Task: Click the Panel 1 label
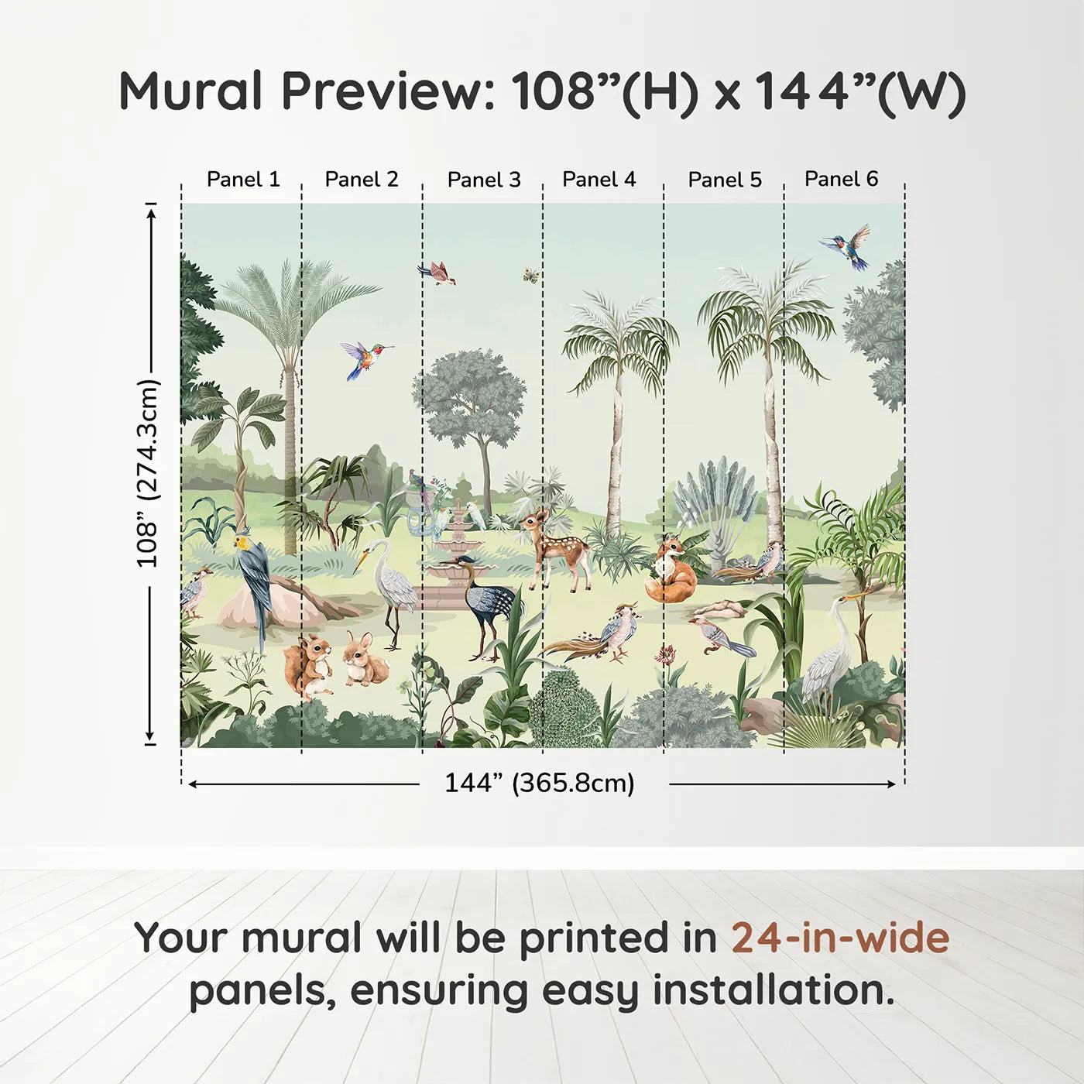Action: click(242, 180)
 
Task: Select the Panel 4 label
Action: click(599, 180)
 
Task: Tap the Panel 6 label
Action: click(841, 179)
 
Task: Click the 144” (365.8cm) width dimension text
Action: click(539, 783)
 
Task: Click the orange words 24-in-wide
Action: click(840, 938)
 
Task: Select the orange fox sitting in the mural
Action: click(670, 573)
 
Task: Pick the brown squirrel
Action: click(308, 664)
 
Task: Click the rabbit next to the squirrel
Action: click(364, 660)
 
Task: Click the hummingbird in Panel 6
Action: click(847, 245)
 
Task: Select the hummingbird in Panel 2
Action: click(363, 358)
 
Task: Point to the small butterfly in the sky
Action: click(531, 275)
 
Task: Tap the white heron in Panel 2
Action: click(391, 585)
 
